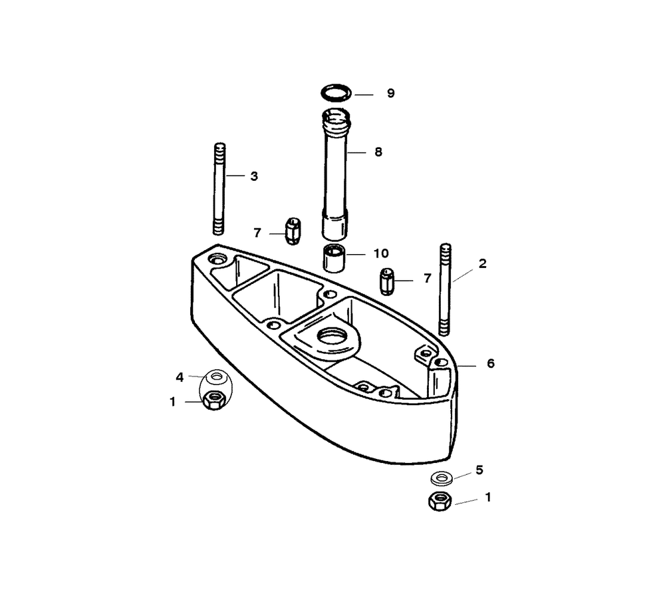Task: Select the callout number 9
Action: [x=390, y=93]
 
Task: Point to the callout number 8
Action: [x=378, y=152]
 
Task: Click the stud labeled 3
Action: [x=219, y=189]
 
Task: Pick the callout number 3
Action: [x=254, y=176]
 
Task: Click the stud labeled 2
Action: [x=445, y=290]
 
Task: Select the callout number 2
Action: [x=482, y=264]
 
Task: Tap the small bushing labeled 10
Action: [x=334, y=259]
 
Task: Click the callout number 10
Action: [x=381, y=253]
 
